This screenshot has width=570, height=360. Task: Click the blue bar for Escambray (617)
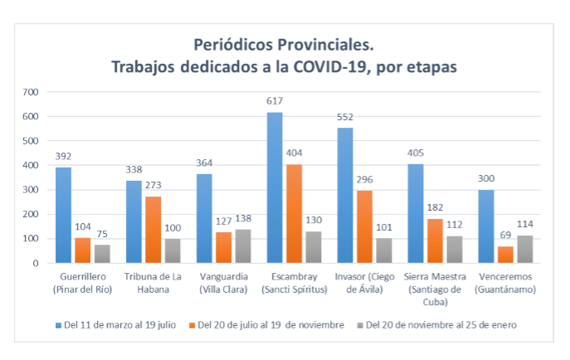coord(275,187)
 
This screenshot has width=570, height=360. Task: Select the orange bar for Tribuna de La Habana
coord(153,230)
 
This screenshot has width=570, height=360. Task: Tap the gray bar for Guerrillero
coord(102,254)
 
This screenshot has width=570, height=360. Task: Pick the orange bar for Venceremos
coord(505,255)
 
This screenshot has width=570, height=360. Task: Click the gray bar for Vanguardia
coord(243,246)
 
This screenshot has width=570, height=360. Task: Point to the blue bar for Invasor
coord(345,196)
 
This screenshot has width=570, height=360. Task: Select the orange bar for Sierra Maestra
coord(435,241)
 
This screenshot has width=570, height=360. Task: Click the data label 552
coord(345,117)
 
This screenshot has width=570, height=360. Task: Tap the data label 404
coord(294,153)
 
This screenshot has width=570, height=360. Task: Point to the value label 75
coord(102,234)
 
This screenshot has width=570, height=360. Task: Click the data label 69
coord(505,235)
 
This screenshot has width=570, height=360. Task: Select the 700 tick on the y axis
coord(31,92)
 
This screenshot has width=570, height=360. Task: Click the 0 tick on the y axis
coord(35,264)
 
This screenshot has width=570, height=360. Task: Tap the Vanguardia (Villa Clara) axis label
coord(223,283)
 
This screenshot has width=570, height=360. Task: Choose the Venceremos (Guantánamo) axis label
coord(505,283)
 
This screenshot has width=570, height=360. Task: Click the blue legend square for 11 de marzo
coord(58,325)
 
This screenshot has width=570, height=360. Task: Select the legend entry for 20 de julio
coord(266,325)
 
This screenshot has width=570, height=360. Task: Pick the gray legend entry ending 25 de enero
coord(437,325)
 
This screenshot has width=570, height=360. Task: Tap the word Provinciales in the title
coord(326,45)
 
